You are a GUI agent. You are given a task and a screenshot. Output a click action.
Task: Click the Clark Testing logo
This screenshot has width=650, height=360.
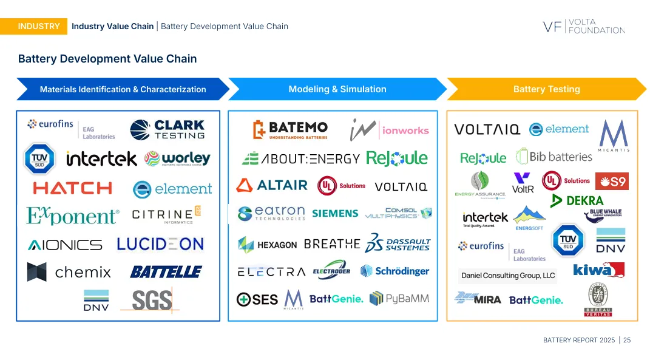pos(167,129)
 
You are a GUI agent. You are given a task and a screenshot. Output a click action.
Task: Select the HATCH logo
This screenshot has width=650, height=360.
pos(73,188)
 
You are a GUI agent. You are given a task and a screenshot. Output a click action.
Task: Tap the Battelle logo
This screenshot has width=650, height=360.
pos(166,271)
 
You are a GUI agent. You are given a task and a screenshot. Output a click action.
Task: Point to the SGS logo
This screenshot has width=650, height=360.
pos(152,300)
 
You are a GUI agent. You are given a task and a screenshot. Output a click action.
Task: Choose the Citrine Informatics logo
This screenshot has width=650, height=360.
pos(166,215)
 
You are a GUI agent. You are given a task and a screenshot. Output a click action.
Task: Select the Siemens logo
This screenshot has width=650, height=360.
pos(335,213)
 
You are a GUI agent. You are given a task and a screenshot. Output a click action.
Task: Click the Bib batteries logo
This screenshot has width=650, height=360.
pos(554,157)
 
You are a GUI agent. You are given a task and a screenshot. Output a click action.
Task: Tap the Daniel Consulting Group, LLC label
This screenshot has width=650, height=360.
pos(508,276)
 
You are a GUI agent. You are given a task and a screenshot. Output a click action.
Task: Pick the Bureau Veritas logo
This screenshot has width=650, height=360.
pos(598,300)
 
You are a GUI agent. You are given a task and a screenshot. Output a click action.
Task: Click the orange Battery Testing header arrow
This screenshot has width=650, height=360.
pos(546,89)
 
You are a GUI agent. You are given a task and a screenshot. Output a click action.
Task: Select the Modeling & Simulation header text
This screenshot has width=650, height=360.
pos(337,89)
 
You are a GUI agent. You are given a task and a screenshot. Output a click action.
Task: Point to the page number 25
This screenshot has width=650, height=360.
pos(627,340)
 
